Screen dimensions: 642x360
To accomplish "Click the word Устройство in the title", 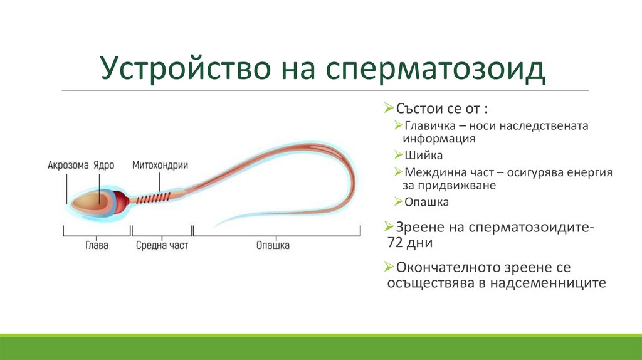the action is click(185, 68).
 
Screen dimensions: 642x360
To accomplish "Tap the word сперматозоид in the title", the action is click(435, 68).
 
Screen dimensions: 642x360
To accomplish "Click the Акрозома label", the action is click(68, 165).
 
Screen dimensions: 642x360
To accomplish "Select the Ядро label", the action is click(103, 166).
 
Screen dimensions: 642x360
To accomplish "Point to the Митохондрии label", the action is click(160, 165).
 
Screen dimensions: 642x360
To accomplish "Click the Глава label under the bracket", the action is click(97, 245).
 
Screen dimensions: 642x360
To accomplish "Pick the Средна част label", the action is click(162, 245).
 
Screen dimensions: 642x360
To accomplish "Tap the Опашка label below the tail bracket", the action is click(273, 245).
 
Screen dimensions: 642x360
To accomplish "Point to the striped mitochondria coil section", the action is click(153, 199).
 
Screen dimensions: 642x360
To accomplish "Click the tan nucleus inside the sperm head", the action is click(90, 202).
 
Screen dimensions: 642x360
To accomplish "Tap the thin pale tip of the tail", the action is click(219, 223).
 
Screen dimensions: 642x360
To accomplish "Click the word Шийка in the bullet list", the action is click(423, 155).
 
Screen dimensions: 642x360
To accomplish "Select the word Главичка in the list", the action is click(429, 125).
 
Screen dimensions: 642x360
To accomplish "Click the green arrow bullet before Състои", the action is click(389, 108).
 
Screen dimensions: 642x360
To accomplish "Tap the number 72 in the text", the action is click(395, 243).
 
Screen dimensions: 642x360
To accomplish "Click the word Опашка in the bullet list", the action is click(426, 202).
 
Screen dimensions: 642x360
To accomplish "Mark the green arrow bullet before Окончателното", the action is click(389, 267).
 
